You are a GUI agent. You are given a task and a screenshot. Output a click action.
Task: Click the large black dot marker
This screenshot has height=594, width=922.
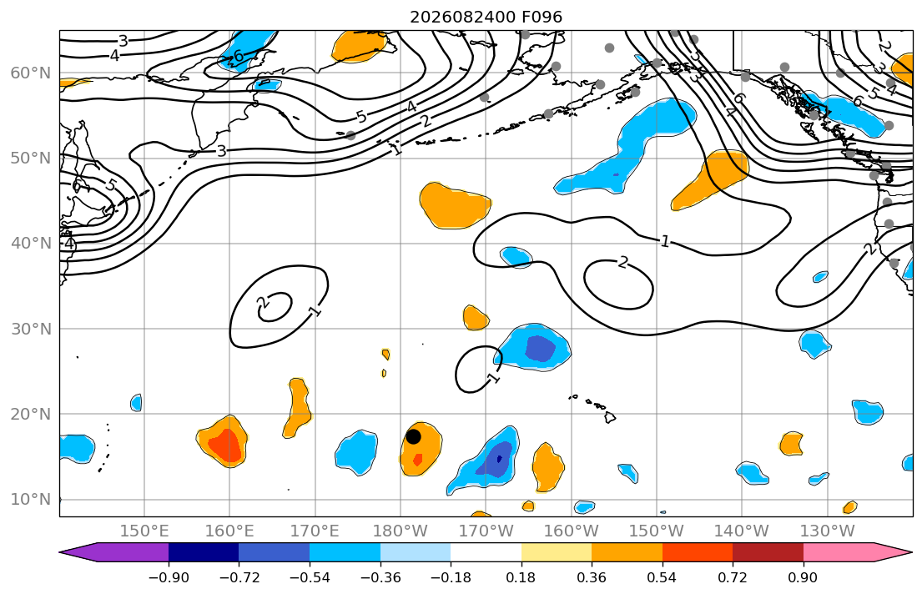[x=413, y=436]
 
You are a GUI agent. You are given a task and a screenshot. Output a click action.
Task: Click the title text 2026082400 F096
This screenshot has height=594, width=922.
[x=486, y=17]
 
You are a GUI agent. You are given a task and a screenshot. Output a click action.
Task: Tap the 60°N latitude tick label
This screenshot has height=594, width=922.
[x=31, y=73]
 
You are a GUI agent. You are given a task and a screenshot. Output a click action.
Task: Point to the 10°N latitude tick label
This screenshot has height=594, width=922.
[x=31, y=500]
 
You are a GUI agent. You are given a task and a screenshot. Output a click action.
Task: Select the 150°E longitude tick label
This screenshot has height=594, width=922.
[x=144, y=531]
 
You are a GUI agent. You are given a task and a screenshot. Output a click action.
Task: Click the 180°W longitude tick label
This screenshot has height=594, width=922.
[x=401, y=531]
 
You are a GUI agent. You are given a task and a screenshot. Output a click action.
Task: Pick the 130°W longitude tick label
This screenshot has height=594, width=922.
[x=828, y=531]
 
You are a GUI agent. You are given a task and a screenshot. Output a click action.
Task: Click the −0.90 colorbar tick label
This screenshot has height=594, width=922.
[x=169, y=577]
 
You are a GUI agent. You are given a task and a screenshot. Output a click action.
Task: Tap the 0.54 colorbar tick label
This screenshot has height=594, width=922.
[x=663, y=577]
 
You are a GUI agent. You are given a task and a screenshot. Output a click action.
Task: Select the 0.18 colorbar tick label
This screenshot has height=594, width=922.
[x=521, y=577]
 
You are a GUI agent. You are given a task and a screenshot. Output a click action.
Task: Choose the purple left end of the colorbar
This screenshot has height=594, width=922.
[x=114, y=552]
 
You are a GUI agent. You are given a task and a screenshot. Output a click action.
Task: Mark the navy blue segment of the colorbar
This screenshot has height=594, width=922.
[x=204, y=552]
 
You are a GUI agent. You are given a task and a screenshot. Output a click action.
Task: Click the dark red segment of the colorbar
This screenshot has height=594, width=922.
[x=768, y=552]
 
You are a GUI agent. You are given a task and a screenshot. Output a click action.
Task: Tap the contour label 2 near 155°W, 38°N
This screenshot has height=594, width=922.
[x=623, y=262]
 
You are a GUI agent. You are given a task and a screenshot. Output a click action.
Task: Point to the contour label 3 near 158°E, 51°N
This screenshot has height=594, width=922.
[x=221, y=151]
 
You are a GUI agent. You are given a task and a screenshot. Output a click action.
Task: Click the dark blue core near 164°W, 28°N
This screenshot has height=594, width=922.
[x=539, y=348]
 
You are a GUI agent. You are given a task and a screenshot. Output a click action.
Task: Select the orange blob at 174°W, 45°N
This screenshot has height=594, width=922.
[x=455, y=205]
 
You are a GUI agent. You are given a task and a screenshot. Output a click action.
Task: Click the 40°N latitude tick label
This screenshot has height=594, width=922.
[x=31, y=244]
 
